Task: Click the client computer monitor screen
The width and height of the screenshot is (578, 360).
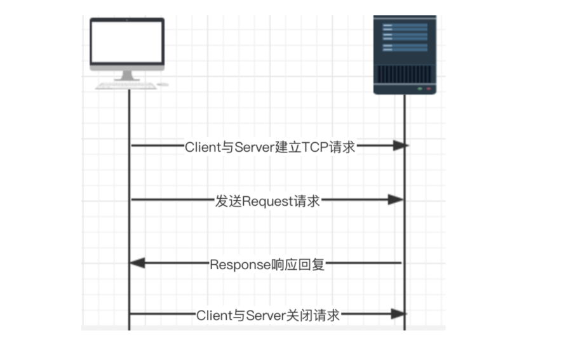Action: coord(127,42)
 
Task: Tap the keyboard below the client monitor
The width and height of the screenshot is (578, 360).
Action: coord(126,86)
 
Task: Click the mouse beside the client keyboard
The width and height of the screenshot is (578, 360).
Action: coord(163,84)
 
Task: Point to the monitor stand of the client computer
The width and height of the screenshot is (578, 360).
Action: coord(127,76)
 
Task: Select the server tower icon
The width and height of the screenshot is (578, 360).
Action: coord(405,55)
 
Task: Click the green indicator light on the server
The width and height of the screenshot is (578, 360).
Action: coord(419,89)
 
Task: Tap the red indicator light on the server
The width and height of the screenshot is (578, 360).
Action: coord(428,89)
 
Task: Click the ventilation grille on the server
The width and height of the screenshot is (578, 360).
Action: coord(405,74)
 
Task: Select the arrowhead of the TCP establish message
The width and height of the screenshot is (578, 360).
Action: coord(401,145)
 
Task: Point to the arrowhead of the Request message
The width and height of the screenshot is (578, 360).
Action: coord(396,200)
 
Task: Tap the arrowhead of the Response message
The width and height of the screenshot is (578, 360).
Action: coord(137,263)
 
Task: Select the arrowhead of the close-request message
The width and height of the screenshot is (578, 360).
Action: coord(398,314)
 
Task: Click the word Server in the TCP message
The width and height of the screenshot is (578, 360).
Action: coord(254,147)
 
